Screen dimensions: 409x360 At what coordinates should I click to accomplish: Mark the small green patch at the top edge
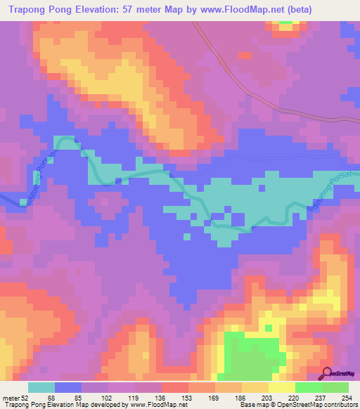coord(285,22)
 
